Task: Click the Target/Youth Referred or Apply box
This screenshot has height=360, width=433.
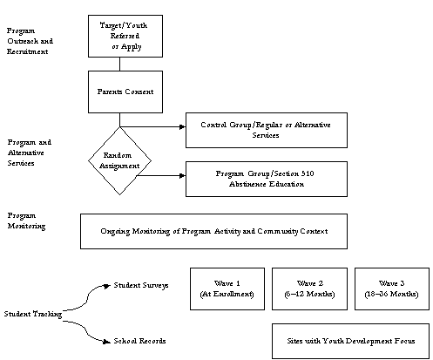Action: pos(125,34)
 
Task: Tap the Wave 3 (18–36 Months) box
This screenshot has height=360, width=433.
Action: pos(390,289)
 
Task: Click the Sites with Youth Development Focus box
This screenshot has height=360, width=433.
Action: pos(349,340)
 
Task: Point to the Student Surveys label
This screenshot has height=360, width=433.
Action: pos(141,284)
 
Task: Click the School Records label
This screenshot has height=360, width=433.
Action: pos(140,340)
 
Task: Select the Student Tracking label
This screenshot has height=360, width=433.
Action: pos(31,313)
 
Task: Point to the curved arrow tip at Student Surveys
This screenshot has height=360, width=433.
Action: pos(108,284)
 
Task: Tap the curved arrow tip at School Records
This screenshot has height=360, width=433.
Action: pos(108,341)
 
